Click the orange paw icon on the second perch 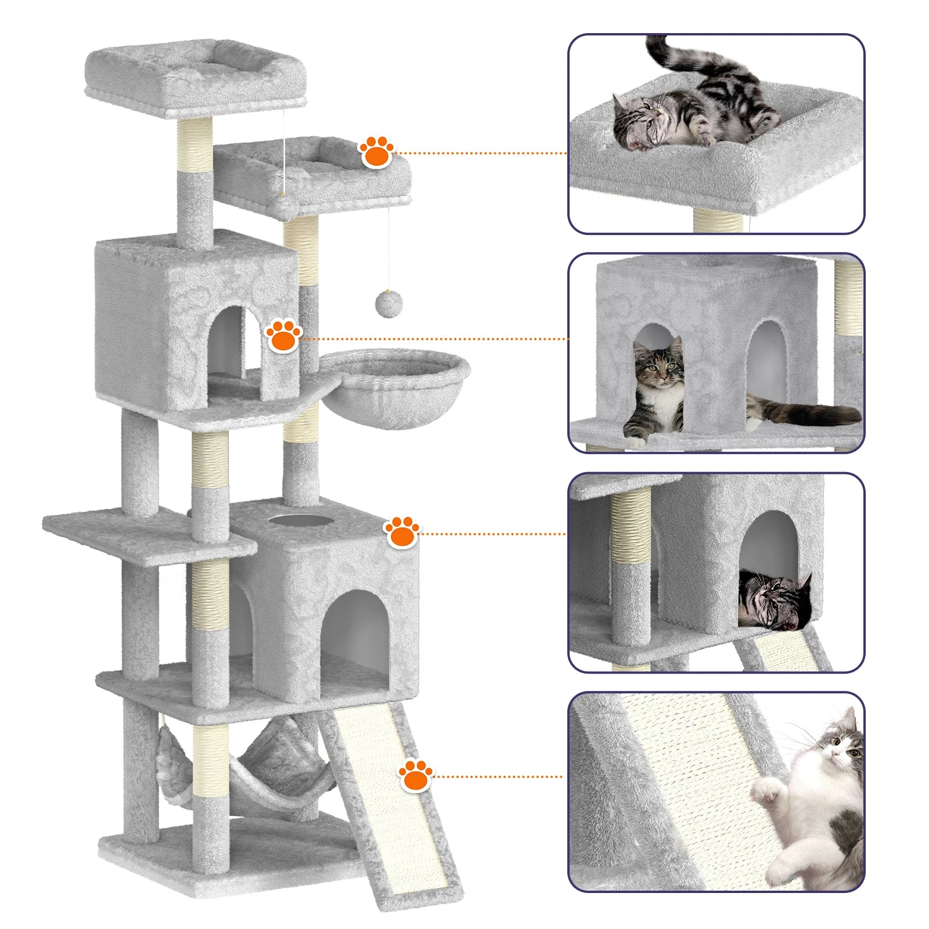tap(376, 152)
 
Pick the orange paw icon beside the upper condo tap(283, 336)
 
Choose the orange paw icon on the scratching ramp tap(416, 775)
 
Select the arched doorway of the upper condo tap(226, 343)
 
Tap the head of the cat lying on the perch tap(636, 122)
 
